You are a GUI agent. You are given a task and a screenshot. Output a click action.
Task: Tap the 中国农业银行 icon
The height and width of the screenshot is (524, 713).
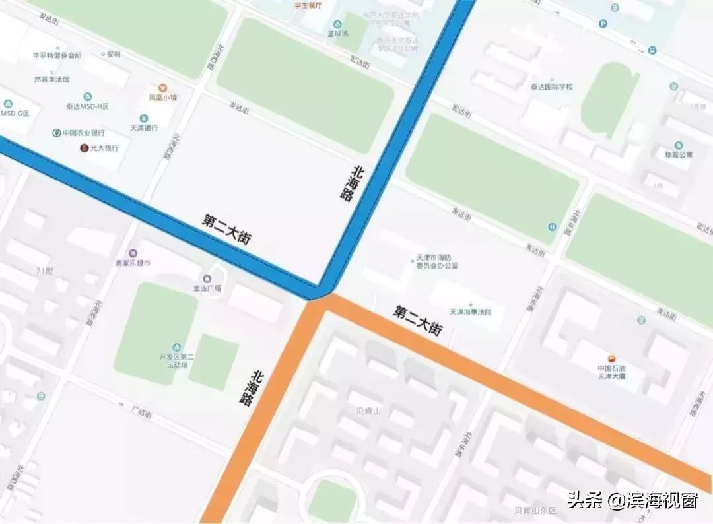pos(57,133)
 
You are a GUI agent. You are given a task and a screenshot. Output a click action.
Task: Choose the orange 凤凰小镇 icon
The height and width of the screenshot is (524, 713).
pos(162,88)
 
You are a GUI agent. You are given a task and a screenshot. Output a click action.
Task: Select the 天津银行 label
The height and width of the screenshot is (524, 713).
pos(143,128)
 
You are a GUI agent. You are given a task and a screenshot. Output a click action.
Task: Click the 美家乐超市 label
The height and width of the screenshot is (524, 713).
pos(133,263)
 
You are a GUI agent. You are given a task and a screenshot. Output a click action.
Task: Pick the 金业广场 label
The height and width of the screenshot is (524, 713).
pos(207,288)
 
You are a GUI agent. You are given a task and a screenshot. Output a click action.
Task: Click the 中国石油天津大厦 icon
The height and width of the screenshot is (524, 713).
pos(611,357)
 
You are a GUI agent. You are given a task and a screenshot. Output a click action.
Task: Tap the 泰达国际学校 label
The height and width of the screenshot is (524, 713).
pos(551,87)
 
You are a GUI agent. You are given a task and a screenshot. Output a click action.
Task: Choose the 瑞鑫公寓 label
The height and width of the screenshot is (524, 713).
pos(679,155)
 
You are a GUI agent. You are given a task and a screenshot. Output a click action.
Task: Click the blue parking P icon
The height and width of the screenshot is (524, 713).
pos(603,24)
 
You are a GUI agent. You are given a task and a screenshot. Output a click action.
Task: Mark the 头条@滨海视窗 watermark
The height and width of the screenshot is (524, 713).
pos(632,500)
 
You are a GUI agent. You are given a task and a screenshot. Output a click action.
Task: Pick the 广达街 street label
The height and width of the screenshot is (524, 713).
pos(141,412)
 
